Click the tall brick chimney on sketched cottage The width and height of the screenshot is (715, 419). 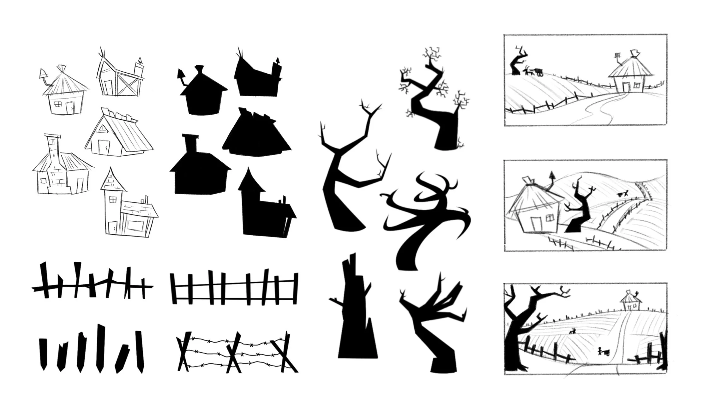pyautogui.click(x=52, y=148)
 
